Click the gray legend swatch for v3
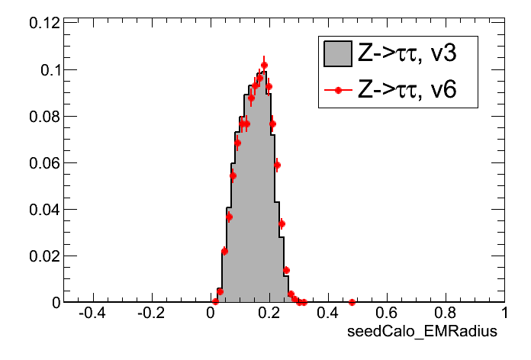337,53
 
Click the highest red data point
264,66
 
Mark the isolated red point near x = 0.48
352,302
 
